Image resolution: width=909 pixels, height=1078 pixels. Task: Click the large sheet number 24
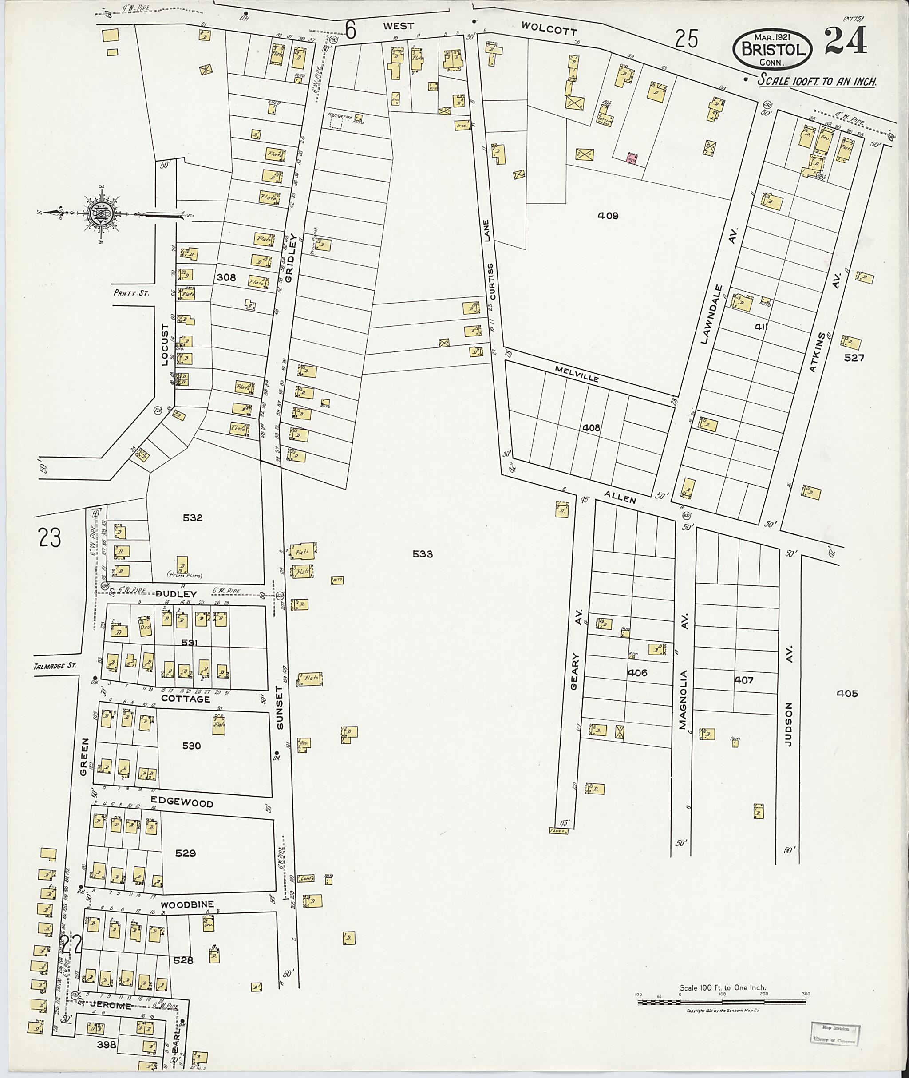(x=845, y=41)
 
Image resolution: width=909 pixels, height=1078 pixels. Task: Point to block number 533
(x=423, y=554)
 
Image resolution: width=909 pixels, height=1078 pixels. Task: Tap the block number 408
(x=591, y=428)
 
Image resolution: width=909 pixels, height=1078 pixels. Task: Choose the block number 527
(x=854, y=358)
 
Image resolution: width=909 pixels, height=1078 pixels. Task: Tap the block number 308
(x=226, y=278)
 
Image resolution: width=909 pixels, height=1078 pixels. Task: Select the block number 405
(x=848, y=693)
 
